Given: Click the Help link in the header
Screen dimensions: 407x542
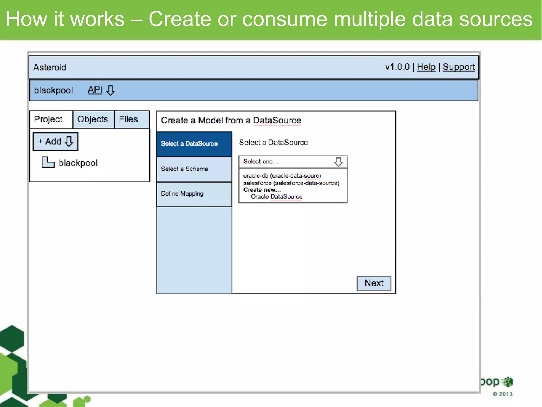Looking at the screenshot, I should pos(426,67).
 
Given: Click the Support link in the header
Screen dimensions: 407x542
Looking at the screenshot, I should pos(459,67).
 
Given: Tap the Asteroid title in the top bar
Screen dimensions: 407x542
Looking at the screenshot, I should pos(50,68).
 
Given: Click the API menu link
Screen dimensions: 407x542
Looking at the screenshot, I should pos(95,90).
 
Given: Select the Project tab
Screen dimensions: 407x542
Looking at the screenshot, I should pos(48,119).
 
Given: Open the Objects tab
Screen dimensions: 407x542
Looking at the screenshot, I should pos(93,119).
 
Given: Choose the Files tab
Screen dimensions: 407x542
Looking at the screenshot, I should pos(128,119).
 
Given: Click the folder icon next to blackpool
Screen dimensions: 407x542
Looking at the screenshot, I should pos(48,162).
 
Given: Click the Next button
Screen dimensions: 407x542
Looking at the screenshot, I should pos(374,283).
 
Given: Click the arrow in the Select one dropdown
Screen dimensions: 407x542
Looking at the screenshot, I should pos(338,162).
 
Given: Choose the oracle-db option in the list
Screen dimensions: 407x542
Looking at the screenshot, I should pos(282,176).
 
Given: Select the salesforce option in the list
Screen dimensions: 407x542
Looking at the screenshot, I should pos(291,183).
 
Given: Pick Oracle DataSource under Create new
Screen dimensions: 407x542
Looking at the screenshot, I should pos(277,197).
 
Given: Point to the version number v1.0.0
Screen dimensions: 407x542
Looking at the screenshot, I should pos(397,67).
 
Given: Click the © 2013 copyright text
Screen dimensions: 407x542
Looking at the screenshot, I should pos(503,394).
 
